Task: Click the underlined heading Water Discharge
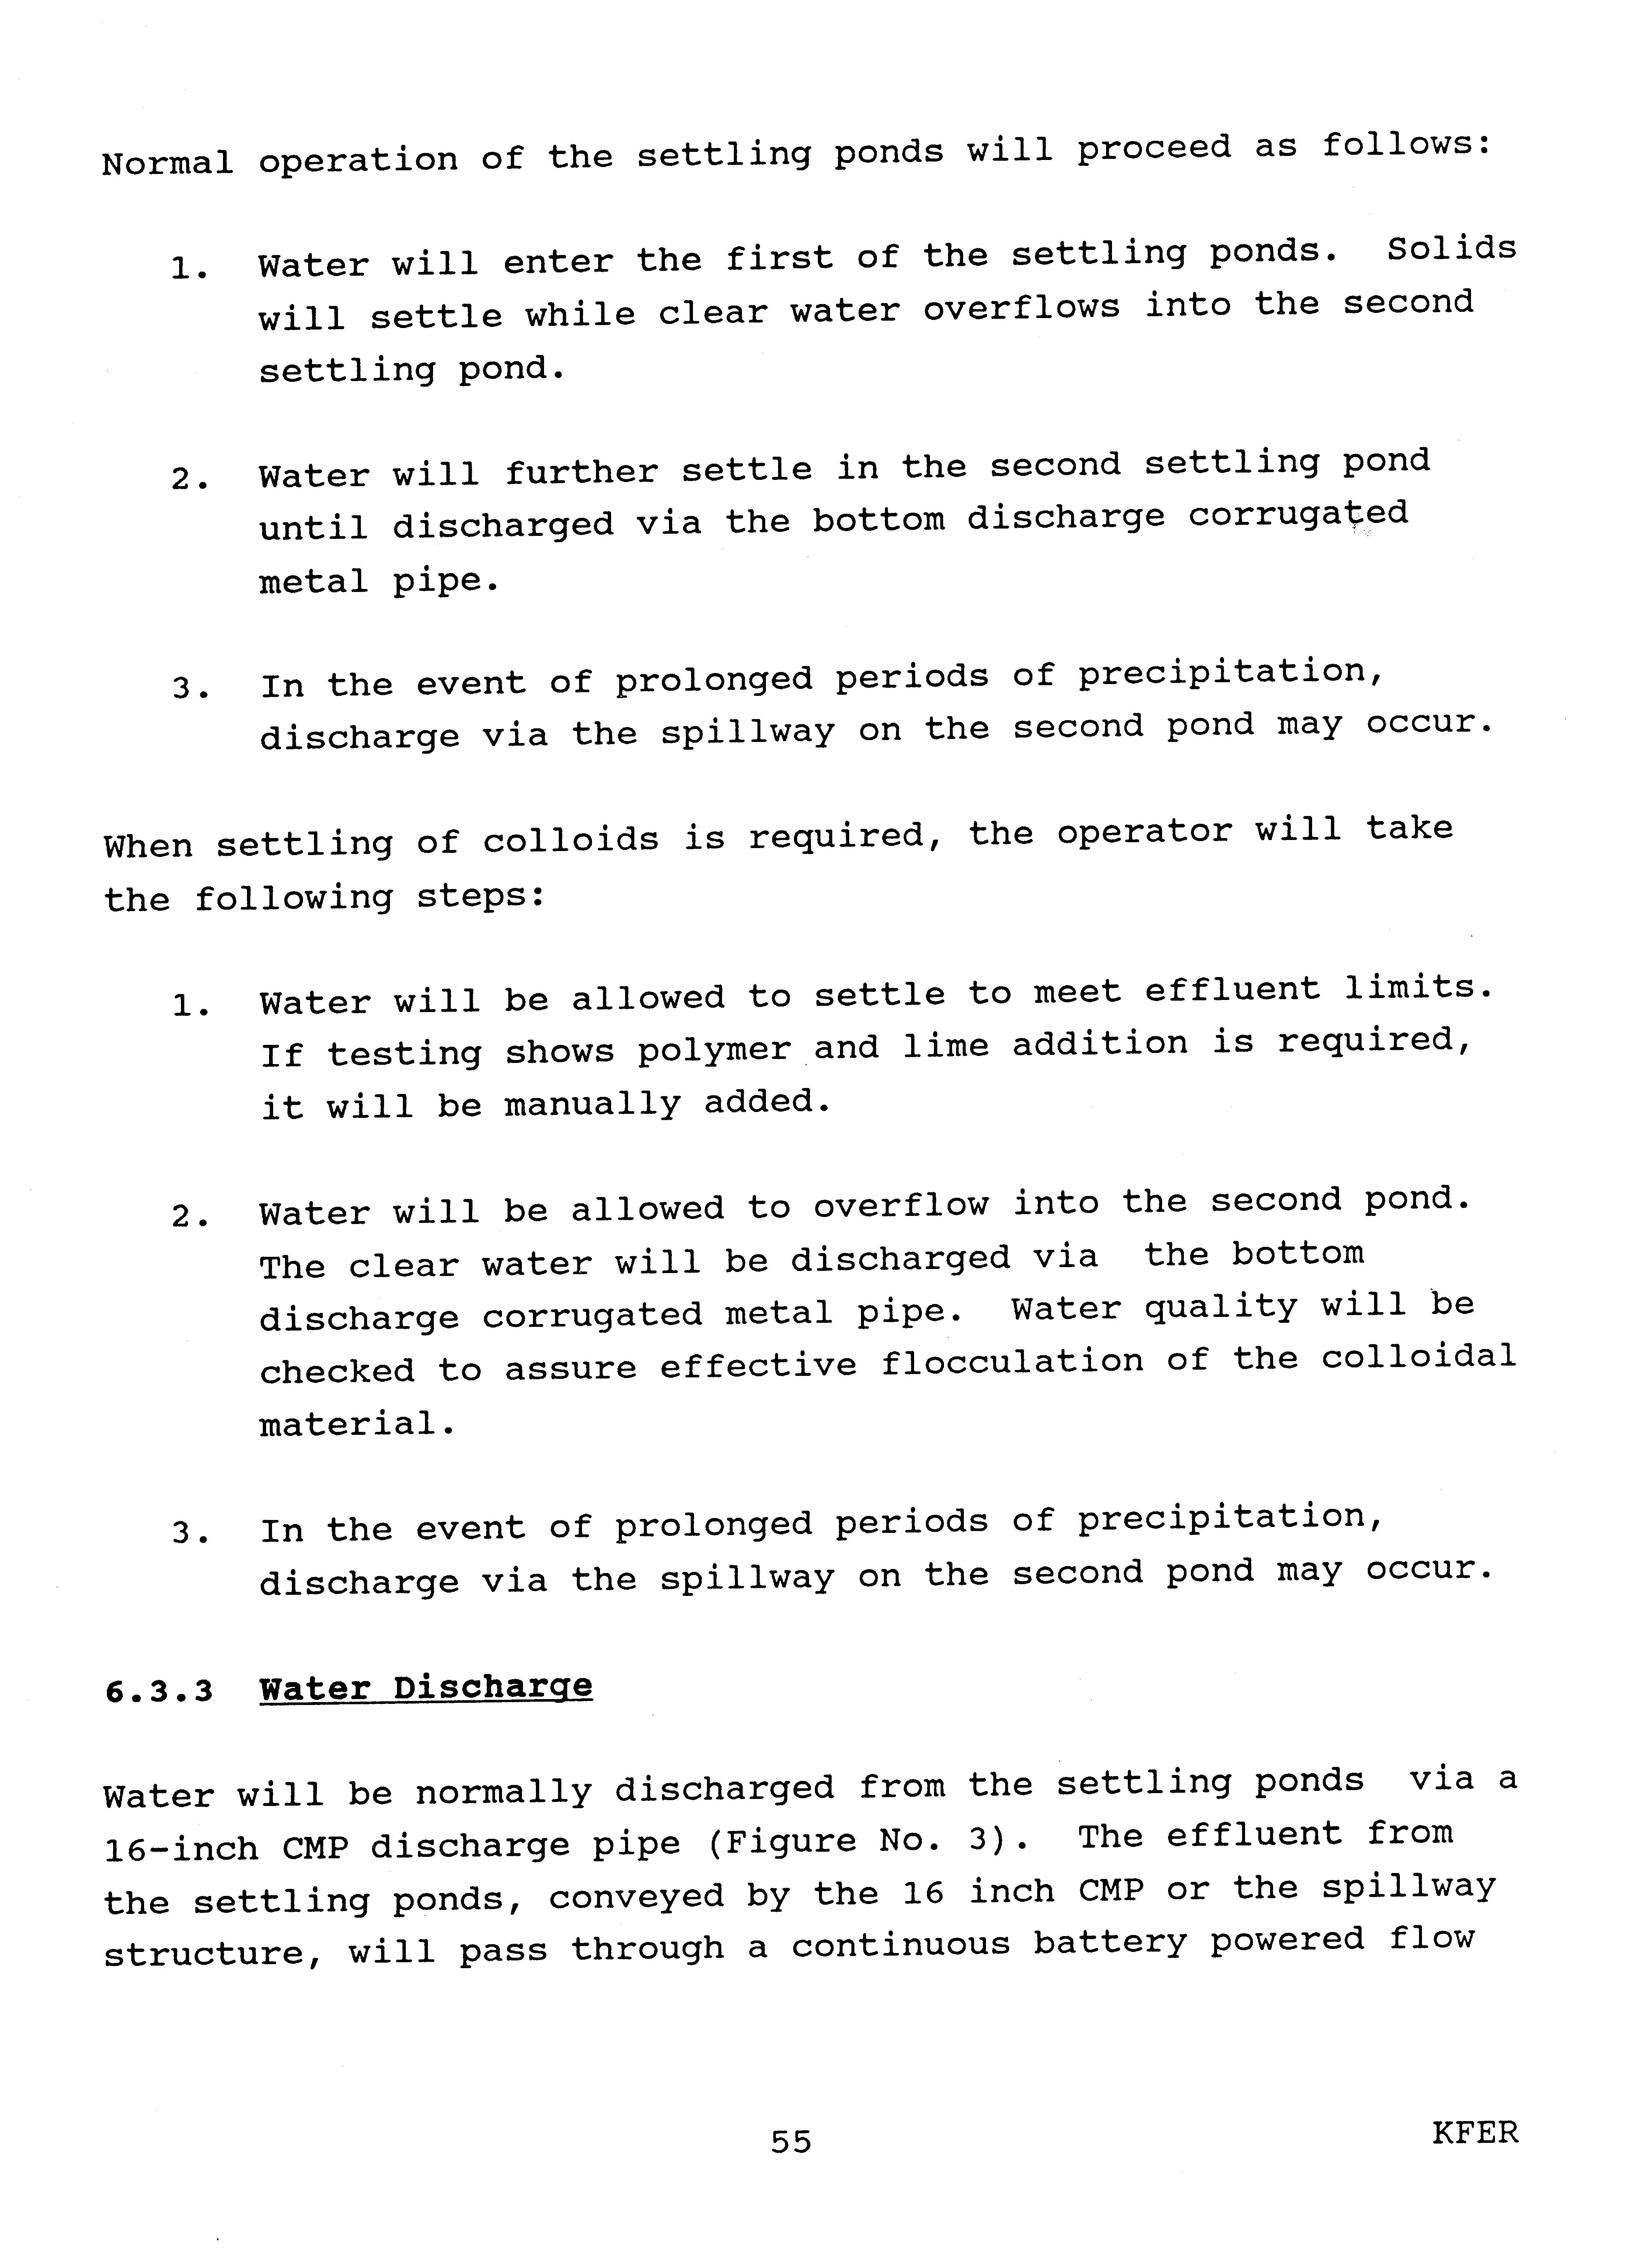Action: pos(426,1688)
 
